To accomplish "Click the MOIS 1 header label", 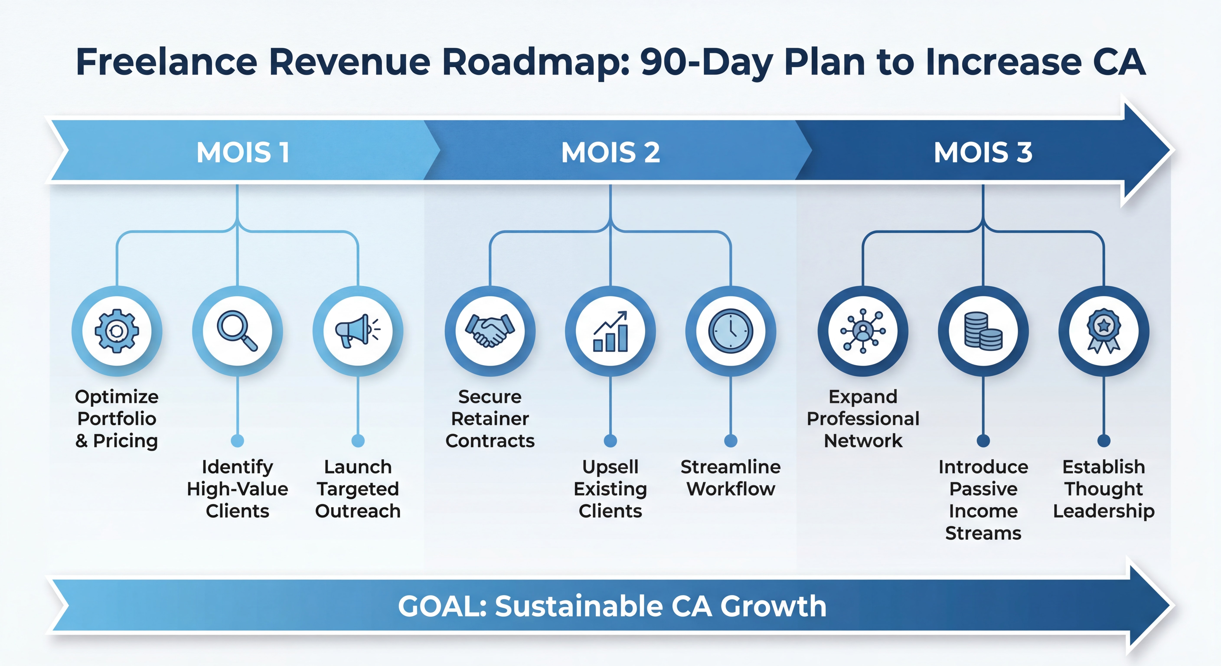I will [x=243, y=153].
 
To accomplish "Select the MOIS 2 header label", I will [x=610, y=153].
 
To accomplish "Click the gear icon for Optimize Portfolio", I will [x=117, y=331].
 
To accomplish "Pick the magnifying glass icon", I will [x=237, y=331].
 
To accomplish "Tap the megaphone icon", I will [x=358, y=331].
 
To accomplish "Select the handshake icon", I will [x=490, y=331].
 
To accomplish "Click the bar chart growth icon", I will [x=610, y=331].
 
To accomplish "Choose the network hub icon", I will [x=863, y=331].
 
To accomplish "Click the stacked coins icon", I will [x=983, y=331].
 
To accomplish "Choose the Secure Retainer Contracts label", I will [x=490, y=419].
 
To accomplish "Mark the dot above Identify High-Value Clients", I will [x=237, y=441].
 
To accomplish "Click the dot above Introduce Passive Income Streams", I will [x=983, y=441].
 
